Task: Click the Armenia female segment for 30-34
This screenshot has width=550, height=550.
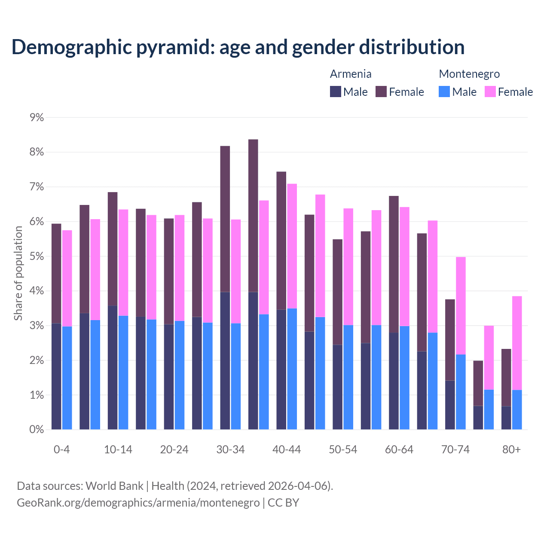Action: pos(225,219)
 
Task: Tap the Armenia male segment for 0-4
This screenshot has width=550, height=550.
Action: pos(56,376)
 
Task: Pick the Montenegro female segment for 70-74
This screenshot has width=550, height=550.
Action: pos(461,306)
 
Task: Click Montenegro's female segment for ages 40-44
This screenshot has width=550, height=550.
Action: pos(292,246)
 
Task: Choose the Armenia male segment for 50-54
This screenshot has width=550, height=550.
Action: pos(338,387)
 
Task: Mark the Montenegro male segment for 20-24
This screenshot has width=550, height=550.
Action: pos(180,375)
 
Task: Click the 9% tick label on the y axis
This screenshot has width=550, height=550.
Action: pos(37,117)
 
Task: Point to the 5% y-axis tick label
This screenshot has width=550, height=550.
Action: pos(37,257)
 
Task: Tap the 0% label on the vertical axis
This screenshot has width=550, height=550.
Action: pos(37,430)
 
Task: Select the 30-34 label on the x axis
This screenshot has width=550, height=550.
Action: pos(230,450)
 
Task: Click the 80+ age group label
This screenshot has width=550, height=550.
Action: pos(511,450)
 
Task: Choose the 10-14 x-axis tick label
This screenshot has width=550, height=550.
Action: pos(118,450)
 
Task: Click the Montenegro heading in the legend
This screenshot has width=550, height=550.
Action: pos(469,74)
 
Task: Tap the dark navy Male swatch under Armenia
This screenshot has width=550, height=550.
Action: pos(336,92)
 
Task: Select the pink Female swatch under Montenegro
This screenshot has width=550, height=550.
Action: pos(490,92)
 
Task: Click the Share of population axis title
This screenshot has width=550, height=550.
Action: pos(18,273)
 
